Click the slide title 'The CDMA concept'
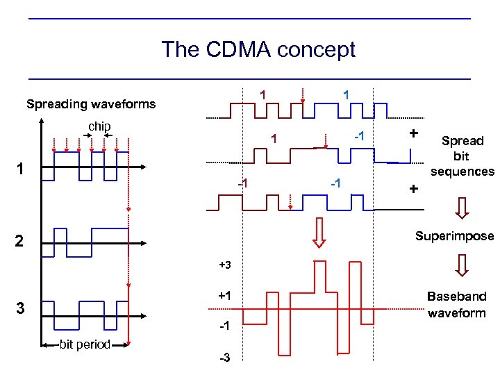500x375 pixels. click(258, 49)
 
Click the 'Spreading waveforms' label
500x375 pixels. click(91, 105)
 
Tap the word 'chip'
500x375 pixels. click(99, 126)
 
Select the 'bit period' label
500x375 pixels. click(85, 344)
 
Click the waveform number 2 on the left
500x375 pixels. click(20, 242)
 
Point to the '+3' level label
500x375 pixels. click(224, 266)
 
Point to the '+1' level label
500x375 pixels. click(224, 296)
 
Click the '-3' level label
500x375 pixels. click(224, 358)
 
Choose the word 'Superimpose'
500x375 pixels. click(454, 236)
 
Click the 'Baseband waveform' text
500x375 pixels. click(457, 304)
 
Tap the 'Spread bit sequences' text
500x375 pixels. click(462, 156)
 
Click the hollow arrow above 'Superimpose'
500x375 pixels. click(462, 206)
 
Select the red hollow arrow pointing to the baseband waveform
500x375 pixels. click(319, 233)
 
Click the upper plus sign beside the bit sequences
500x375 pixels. click(414, 133)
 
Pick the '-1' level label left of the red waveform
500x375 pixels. click(224, 326)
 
